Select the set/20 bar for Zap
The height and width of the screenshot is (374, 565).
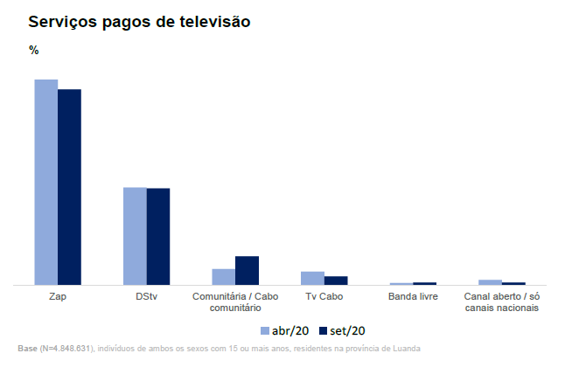pos(69,187)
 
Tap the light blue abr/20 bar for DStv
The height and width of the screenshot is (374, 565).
pos(135,236)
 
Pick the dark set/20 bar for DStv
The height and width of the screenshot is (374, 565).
pos(158,237)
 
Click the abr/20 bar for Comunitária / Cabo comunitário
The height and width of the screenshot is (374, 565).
pos(223,277)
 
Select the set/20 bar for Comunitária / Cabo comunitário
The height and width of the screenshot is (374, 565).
pos(247,270)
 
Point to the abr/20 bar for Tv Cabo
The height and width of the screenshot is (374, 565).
pos(312,278)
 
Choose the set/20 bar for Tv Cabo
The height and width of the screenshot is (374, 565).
pos(336,280)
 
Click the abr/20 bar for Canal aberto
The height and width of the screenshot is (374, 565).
pos(491,282)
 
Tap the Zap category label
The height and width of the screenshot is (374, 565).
pos(59,297)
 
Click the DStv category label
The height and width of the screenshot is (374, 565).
pos(147,297)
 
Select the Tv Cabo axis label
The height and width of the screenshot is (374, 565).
pos(324,297)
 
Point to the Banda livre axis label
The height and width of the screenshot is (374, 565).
pos(413,297)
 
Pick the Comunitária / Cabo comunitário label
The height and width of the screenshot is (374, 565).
pos(235,302)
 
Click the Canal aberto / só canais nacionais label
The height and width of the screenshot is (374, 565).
pos(501,302)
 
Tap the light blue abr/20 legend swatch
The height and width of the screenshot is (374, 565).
pos(265,331)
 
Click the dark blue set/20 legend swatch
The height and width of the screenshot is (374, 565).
pos(322,331)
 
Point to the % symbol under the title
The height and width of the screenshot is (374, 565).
pos(34,51)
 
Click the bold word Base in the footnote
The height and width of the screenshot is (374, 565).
pos(27,349)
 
